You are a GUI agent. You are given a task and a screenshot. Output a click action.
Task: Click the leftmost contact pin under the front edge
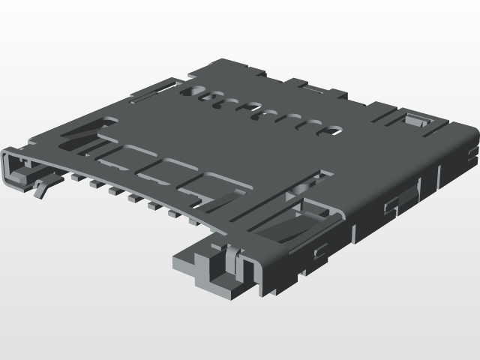76,177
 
